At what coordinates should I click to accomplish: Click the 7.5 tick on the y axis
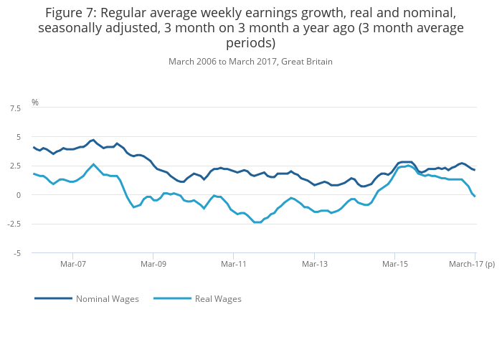click(15, 108)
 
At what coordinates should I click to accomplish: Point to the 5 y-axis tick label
click(18, 137)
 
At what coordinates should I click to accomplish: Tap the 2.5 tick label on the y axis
click(15, 166)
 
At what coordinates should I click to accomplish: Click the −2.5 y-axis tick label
click(14, 224)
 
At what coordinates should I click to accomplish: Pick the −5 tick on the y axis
click(16, 253)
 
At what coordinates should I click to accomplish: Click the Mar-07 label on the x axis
click(73, 264)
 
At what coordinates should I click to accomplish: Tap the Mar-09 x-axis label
click(153, 264)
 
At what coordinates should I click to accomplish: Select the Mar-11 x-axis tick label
click(234, 264)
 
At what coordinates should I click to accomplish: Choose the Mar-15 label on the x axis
click(395, 264)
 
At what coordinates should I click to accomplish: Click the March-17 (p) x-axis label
click(472, 264)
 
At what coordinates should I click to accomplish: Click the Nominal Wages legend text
click(108, 298)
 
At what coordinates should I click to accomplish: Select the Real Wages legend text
click(218, 298)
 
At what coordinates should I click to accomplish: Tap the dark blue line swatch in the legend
click(53, 298)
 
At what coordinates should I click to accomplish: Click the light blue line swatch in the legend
click(172, 298)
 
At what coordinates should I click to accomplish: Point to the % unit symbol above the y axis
click(34, 103)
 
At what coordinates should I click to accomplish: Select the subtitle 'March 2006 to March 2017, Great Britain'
click(250, 62)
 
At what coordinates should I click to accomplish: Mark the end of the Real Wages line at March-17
click(475, 196)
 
